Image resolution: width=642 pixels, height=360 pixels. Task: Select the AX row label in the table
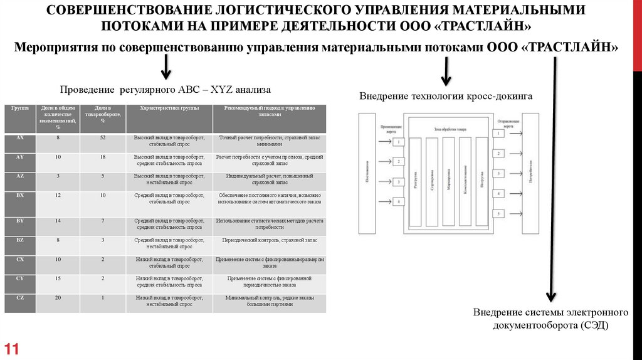click(x=20, y=137)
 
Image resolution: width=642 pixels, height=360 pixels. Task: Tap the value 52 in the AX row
click(x=102, y=137)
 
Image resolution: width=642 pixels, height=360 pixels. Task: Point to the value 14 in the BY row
click(x=58, y=221)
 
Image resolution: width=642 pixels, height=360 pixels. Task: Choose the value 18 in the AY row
click(x=102, y=156)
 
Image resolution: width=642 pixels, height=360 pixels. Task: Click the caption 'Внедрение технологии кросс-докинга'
click(x=446, y=97)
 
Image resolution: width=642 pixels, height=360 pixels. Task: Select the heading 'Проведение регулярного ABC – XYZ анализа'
click(x=165, y=89)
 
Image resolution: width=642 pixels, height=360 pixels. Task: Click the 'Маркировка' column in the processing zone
click(x=448, y=182)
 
